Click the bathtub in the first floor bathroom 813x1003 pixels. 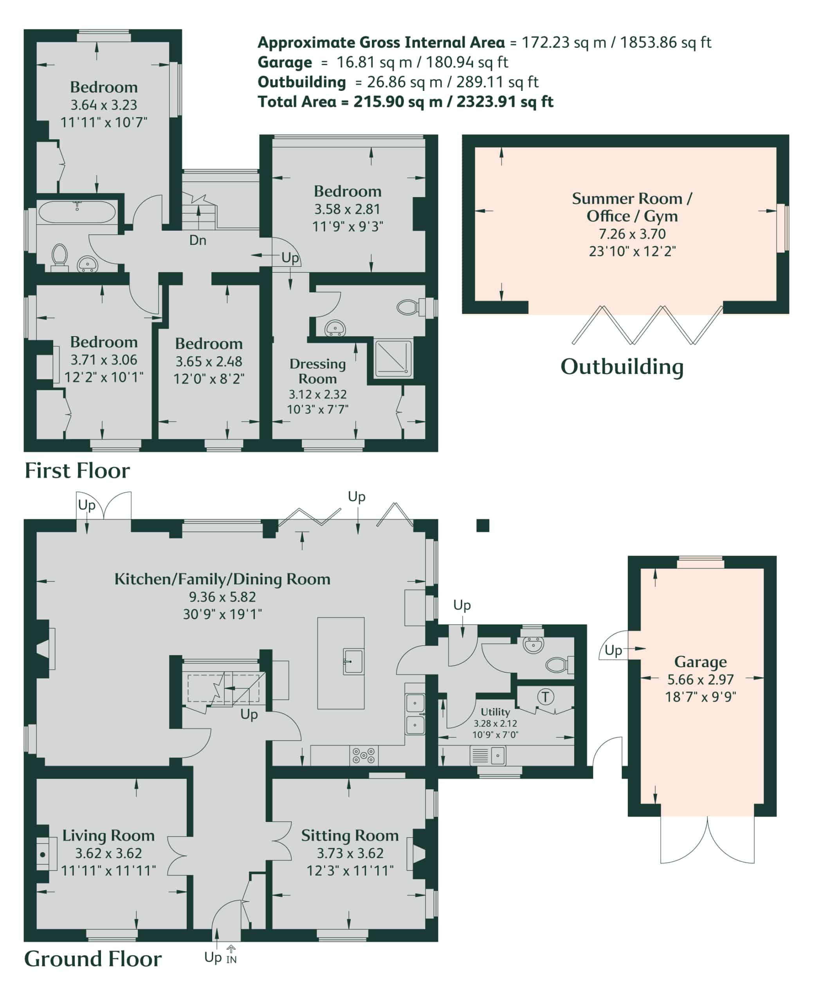77,212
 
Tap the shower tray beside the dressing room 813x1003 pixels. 393,358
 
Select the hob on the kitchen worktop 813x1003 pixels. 364,755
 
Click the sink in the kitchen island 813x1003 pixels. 353,662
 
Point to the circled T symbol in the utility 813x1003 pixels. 545,697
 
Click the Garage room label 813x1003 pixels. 700,662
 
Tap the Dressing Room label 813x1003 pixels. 317,371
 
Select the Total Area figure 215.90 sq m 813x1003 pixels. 398,102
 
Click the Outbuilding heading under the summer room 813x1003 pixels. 622,366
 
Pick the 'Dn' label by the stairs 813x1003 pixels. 198,241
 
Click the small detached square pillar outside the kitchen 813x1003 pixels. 483,525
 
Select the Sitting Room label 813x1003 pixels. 350,835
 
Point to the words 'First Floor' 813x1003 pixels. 77,471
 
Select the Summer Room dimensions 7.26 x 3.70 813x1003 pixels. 632,234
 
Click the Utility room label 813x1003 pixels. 495,712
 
